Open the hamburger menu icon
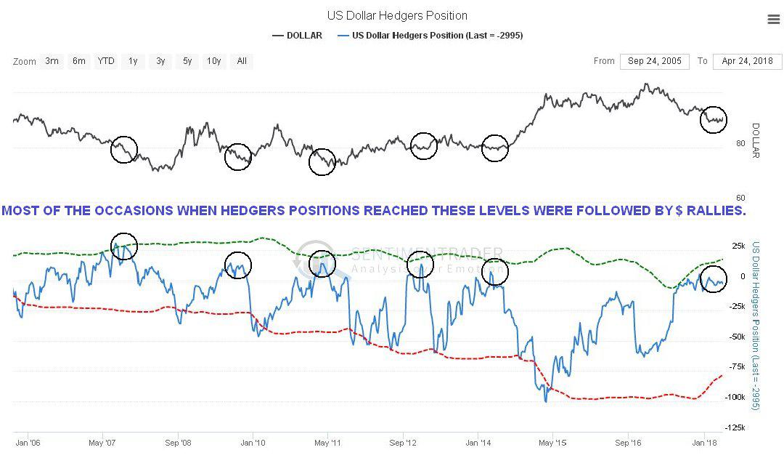[773, 20]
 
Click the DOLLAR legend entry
[297, 35]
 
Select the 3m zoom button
[52, 61]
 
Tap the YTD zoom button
[106, 61]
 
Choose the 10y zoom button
[213, 61]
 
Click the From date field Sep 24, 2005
[655, 61]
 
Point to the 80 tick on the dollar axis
[740, 143]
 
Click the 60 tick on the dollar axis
[740, 198]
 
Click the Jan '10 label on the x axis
[253, 442]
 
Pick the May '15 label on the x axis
[553, 442]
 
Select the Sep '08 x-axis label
[178, 442]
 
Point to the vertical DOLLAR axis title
[755, 140]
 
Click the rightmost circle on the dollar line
[714, 118]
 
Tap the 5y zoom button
[187, 61]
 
